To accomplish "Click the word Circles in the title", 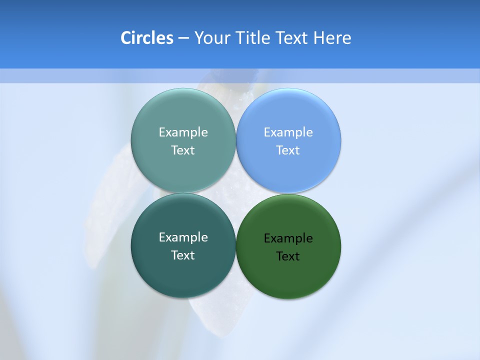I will click(146, 38).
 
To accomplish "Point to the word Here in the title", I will click(332, 38).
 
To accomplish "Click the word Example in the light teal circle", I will click(183, 132).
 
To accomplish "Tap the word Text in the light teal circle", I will click(183, 150).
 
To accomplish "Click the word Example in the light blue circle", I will click(288, 132).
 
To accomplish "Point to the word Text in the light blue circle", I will click(288, 150).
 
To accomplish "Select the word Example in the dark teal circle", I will click(183, 237).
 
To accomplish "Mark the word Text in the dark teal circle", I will click(183, 255).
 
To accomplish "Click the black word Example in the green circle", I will click(288, 238).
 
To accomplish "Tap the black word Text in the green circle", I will click(288, 256).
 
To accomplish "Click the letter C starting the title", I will click(125, 38).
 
